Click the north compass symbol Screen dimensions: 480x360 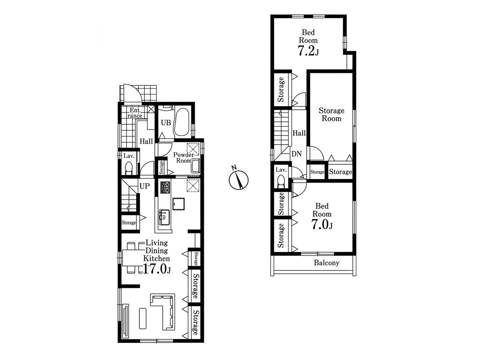click(238, 179)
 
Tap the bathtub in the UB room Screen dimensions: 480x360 click(181, 122)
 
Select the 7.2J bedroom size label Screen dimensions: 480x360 click(308, 51)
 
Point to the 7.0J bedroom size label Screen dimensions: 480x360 click(322, 224)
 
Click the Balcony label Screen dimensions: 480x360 click(327, 263)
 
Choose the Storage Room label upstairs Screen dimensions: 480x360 click(331, 114)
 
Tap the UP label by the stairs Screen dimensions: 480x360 click(144, 186)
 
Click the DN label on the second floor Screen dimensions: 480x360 click(297, 154)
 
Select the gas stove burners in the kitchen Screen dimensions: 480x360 click(165, 187)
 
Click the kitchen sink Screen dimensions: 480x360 click(164, 217)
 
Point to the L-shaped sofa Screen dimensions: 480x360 click(163, 312)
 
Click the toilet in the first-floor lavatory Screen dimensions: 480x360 click(129, 168)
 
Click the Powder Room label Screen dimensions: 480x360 click(184, 157)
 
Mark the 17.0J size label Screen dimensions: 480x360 click(157, 269)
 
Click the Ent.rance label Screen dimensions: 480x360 click(135, 113)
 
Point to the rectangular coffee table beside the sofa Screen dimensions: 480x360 click(142, 318)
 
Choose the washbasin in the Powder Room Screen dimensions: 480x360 click(195, 166)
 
